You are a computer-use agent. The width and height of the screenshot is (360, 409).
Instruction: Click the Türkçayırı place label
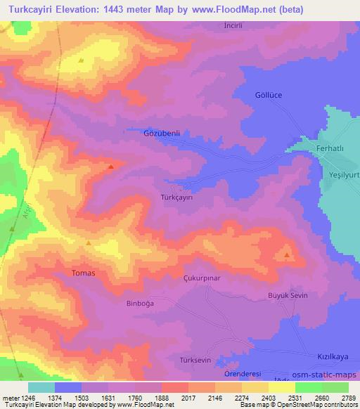(176, 197)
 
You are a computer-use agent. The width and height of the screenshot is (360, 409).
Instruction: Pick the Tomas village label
(84, 272)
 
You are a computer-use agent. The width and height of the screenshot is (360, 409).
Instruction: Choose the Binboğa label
(120, 304)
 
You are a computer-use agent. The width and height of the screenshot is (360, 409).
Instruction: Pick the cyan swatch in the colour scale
(41, 387)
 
